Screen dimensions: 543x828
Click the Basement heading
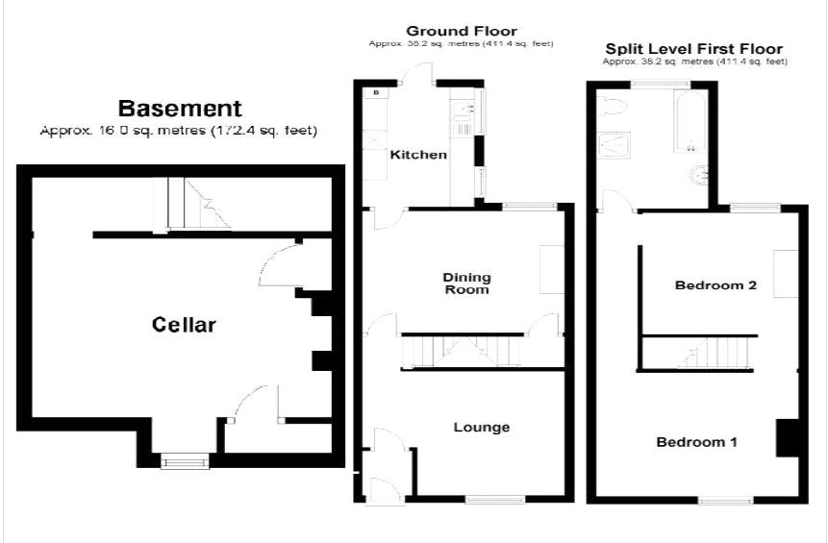[x=180, y=108]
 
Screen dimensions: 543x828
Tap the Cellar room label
[x=185, y=325]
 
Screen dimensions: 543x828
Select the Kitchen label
[x=418, y=155]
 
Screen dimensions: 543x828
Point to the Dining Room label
[x=465, y=284]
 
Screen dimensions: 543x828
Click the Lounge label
[x=482, y=427]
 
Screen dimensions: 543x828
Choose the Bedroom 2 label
[x=715, y=285]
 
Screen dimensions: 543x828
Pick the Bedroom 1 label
[x=697, y=442]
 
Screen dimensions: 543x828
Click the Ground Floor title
[x=462, y=31]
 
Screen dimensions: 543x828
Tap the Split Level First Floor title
[x=693, y=48]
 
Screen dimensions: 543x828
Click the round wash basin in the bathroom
[x=700, y=176]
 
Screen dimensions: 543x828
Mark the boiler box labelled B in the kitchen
[x=375, y=92]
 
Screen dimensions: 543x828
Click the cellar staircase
[x=192, y=204]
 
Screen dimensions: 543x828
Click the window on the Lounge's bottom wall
[x=495, y=499]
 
